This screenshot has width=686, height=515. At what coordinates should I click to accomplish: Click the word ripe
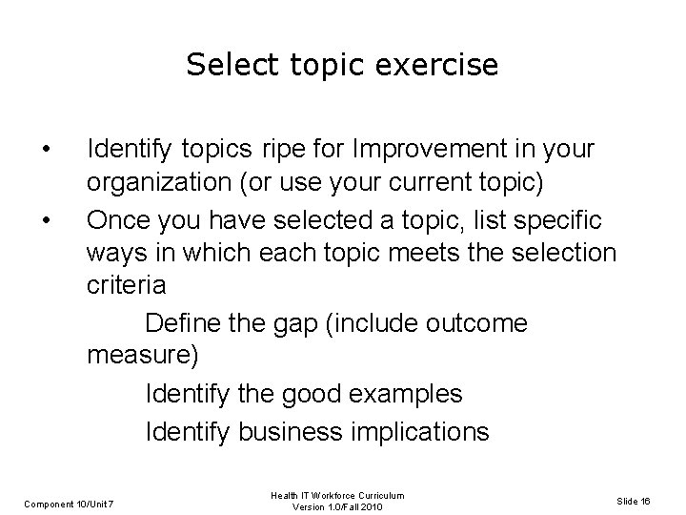(283, 150)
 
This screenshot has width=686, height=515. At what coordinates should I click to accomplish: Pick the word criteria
(126, 286)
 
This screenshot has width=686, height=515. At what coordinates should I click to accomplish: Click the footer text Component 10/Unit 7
(70, 502)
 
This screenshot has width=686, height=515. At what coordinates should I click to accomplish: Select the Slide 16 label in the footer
(633, 502)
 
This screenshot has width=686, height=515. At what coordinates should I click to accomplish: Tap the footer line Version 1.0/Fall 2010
(338, 507)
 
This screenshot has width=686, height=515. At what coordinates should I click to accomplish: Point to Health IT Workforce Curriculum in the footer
(338, 496)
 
